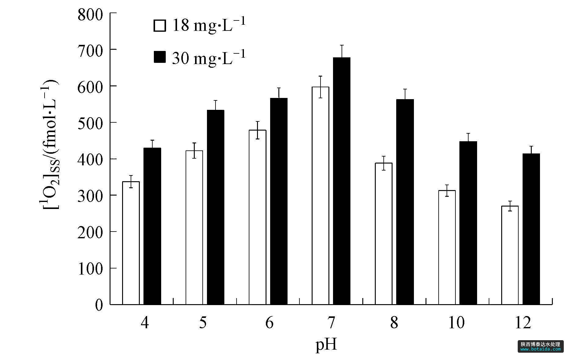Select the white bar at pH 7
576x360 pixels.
(320, 196)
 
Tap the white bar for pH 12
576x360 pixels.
(510, 255)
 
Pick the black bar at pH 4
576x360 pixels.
(152, 226)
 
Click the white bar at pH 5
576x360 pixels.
(194, 227)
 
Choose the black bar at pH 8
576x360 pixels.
(405, 202)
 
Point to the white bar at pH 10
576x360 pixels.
(447, 247)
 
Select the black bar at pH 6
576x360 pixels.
(279, 201)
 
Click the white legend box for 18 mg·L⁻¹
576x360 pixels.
(159, 26)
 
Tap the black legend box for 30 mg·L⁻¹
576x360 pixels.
(159, 57)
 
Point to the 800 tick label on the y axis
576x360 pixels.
(90, 14)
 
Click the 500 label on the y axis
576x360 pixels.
(90, 123)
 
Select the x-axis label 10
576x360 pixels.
(456, 323)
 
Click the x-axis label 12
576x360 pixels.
(523, 323)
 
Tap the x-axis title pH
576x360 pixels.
(326, 345)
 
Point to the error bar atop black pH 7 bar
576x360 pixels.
(342, 51)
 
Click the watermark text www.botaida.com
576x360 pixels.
(540, 349)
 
